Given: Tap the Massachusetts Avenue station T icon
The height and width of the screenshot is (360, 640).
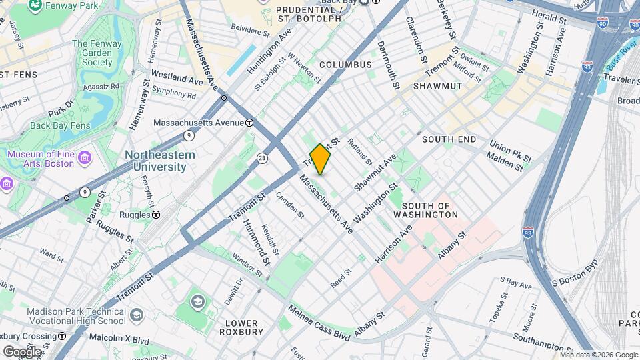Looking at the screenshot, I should pyautogui.click(x=249, y=123).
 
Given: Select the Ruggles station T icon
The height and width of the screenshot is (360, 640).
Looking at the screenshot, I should pyautogui.click(x=156, y=215).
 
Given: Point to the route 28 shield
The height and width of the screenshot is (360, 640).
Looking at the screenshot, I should pyautogui.click(x=262, y=157).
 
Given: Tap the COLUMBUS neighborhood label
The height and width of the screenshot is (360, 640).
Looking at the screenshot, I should pyautogui.click(x=345, y=65).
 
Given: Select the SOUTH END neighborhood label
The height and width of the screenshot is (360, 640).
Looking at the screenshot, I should pyautogui.click(x=449, y=139).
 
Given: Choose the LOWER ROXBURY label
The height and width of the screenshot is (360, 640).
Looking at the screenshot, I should pyautogui.click(x=241, y=328).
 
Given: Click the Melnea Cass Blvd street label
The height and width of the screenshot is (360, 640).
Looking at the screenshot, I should pyautogui.click(x=319, y=323).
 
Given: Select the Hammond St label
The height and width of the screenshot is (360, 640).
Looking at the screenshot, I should pyautogui.click(x=255, y=241).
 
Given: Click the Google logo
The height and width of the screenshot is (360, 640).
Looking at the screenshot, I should pyautogui.click(x=21, y=351).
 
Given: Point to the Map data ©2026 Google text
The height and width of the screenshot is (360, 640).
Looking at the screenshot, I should pyautogui.click(x=598, y=355).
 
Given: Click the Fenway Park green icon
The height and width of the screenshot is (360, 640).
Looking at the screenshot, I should pyautogui.click(x=33, y=7).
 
